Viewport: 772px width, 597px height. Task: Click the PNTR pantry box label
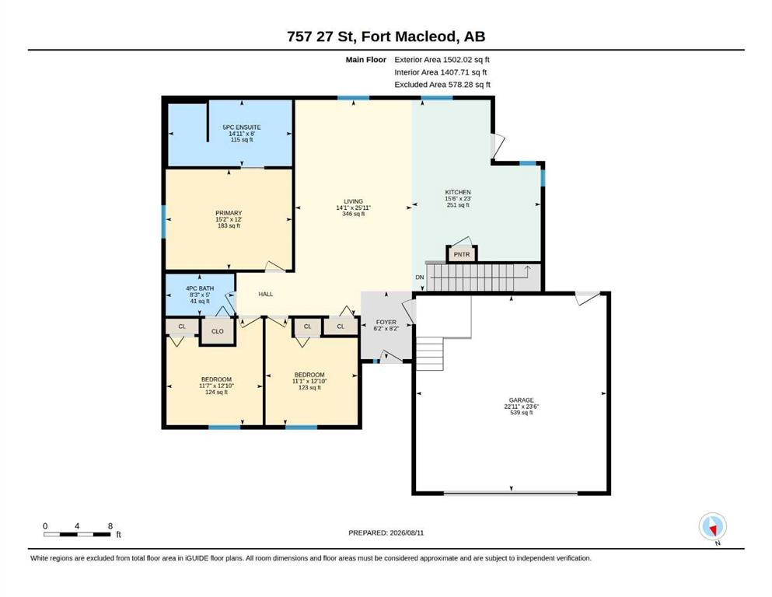[462, 254]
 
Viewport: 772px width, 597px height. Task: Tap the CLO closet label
[218, 331]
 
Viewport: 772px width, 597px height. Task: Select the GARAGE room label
[522, 400]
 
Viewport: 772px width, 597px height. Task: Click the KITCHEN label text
[458, 192]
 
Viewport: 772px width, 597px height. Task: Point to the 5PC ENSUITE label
[242, 127]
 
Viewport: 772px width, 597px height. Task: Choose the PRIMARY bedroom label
[229, 213]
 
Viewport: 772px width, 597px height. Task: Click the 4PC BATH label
[200, 288]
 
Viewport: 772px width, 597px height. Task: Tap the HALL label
[266, 294]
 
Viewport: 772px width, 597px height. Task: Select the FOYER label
[386, 323]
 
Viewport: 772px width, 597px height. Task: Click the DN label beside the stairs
[420, 277]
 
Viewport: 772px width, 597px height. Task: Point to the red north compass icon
[712, 527]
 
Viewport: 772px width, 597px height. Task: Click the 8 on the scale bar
[110, 525]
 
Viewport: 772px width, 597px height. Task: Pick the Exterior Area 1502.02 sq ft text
[442, 60]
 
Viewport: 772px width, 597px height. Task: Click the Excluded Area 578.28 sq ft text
[442, 84]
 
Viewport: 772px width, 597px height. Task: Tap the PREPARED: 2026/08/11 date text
[386, 532]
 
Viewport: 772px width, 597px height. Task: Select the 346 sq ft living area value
[354, 214]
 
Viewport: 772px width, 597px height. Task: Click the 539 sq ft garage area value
[522, 413]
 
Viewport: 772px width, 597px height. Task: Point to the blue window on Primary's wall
[164, 222]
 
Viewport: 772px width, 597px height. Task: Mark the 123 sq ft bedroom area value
[309, 387]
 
